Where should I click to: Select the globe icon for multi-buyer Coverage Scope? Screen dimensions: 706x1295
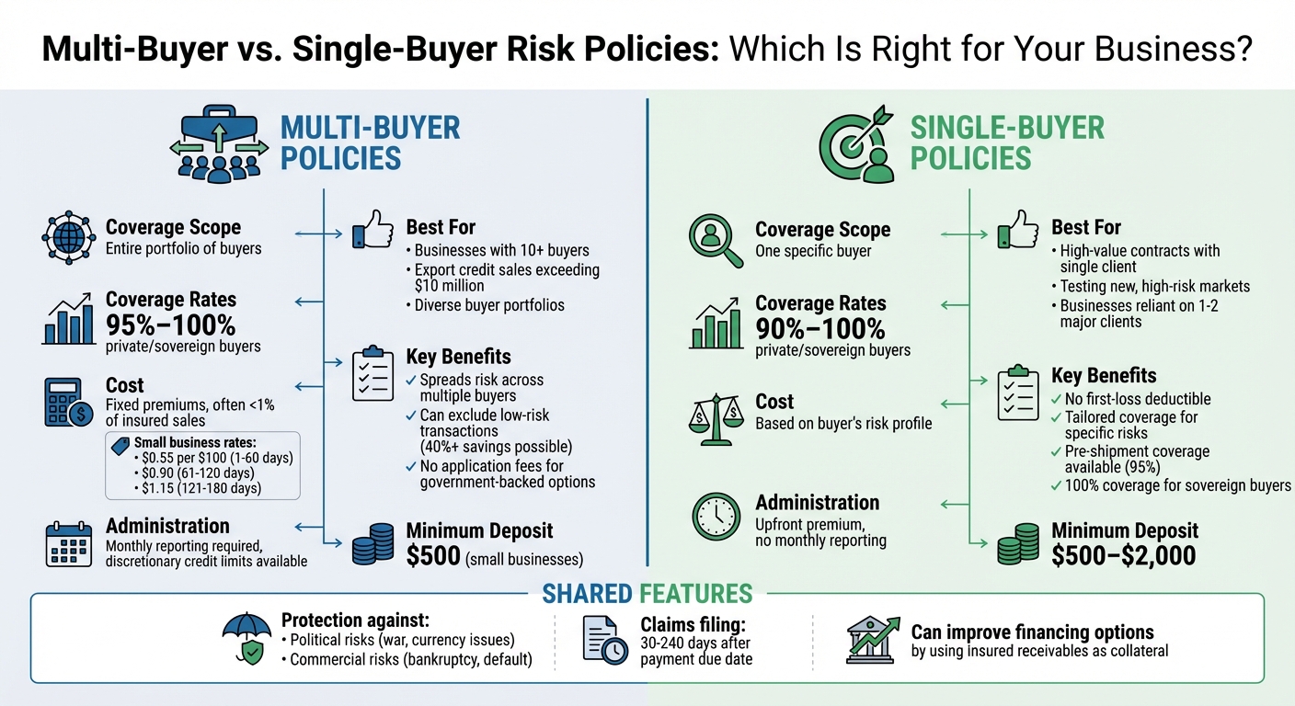[x=68, y=237]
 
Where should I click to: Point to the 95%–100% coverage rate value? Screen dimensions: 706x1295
[x=170, y=325]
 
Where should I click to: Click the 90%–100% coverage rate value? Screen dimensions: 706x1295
[x=819, y=328]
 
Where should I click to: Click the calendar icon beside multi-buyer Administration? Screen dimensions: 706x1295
[x=68, y=542]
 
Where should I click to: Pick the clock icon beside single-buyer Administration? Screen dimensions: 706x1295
[x=716, y=518]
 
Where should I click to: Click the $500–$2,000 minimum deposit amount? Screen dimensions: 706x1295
[x=1123, y=554]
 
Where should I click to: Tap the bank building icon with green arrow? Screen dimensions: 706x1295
[x=871, y=640]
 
